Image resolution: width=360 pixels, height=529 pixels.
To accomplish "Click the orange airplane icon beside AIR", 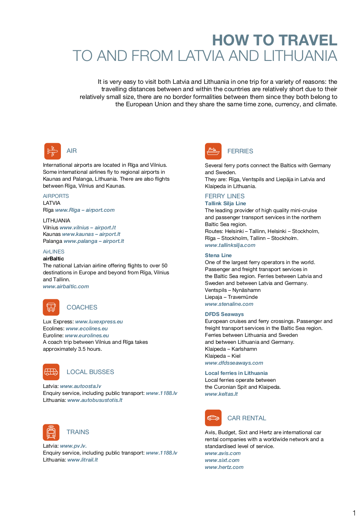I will pos(52,151).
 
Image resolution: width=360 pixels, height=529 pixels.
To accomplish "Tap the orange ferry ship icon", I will pos(213,151).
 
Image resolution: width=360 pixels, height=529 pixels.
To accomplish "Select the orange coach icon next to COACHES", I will pos(51,307).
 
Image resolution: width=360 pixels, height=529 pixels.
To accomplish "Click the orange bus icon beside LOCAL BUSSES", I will pos(51,372).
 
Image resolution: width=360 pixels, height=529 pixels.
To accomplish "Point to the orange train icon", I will pos(51,432).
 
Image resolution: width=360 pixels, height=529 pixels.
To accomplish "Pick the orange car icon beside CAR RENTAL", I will pos(213,418).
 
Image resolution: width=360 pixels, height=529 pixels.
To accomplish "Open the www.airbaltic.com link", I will pos(66,287).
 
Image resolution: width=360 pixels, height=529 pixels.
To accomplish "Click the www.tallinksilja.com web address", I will pos(230,245).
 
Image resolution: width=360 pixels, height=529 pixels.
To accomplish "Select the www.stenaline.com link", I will pos(229,304).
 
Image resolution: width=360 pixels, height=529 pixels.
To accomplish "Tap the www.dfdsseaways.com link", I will pos(234,363).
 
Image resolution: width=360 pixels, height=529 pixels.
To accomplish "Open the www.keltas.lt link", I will pos(221,394).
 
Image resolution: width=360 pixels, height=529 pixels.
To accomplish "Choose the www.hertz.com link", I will pos(224,467).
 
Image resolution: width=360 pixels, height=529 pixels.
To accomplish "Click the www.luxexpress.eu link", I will pos(99,322).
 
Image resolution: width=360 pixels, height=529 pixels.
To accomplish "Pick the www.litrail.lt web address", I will pos(83,460).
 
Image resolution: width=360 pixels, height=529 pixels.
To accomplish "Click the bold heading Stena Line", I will pos(218,256).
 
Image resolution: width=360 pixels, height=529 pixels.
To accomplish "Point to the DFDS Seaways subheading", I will pos(224,314).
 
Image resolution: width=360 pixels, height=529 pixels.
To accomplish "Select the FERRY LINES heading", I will pos(225,196).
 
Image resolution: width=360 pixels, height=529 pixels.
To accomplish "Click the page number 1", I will pos(354,513).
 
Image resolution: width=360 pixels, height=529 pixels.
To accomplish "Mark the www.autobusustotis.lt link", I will pos(95,400).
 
